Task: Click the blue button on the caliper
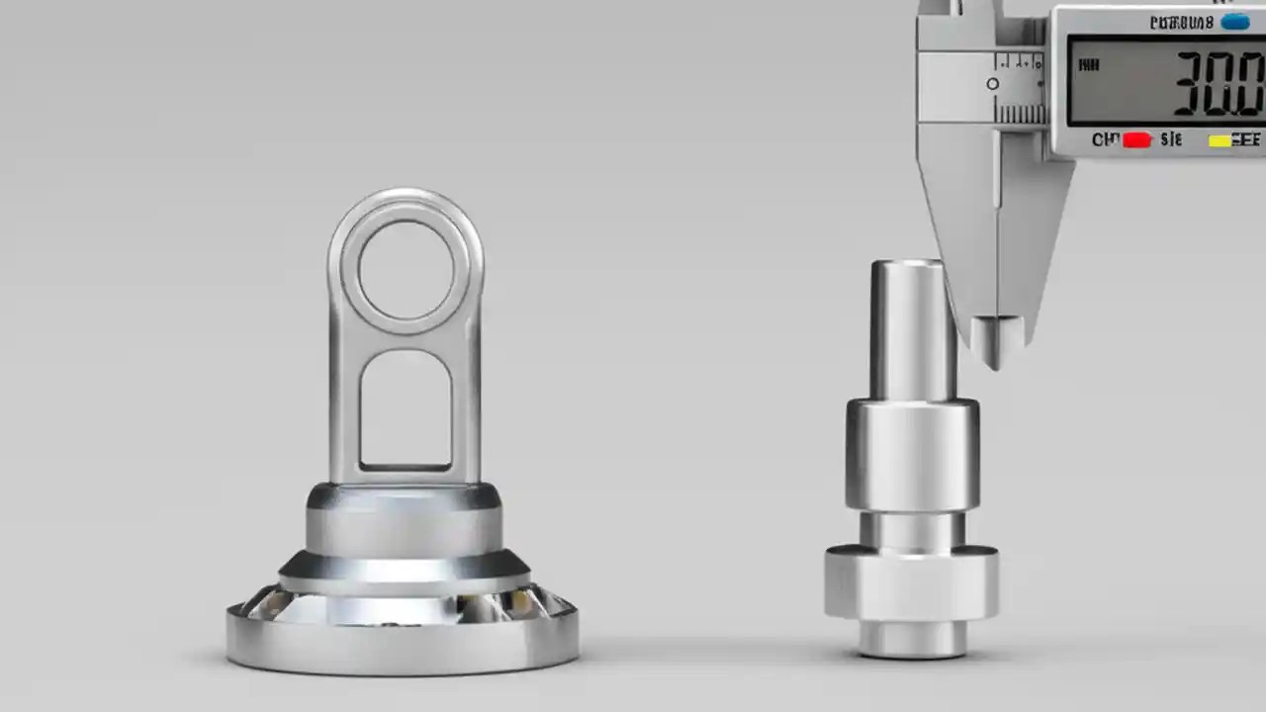tap(1234, 22)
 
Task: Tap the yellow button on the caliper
tap(1221, 140)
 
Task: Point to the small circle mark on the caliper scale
tap(992, 84)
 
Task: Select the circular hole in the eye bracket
tap(406, 269)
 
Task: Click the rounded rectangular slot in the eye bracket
tap(406, 407)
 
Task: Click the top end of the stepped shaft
tap(907, 265)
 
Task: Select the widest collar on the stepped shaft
tap(911, 583)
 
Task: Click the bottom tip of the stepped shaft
tap(912, 649)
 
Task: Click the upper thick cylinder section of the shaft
tap(912, 453)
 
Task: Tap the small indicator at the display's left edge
tap(1088, 66)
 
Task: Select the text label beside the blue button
tap(1181, 22)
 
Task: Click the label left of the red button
tap(1105, 140)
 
